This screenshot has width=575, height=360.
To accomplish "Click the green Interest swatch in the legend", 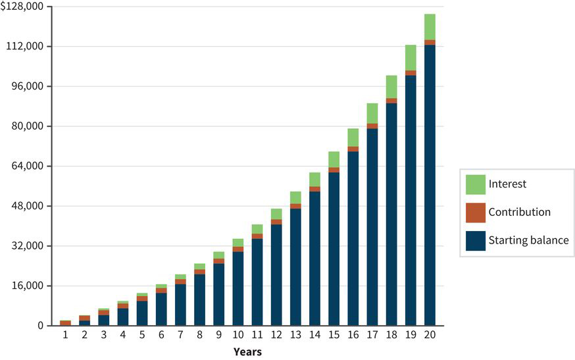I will (475, 184).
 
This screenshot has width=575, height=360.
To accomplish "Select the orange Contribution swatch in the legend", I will (475, 213).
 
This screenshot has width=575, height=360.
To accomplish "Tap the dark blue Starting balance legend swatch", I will (475, 240).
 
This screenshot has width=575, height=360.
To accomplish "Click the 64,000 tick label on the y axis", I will (28, 166).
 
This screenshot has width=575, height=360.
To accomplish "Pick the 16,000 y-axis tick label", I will (28, 286).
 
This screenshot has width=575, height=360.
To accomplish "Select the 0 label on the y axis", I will (41, 326).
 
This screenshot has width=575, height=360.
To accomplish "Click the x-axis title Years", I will (247, 352).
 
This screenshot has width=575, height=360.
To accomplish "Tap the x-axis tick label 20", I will (430, 336).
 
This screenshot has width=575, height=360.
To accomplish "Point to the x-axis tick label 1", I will (65, 336).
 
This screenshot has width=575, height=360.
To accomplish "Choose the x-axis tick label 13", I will (295, 336).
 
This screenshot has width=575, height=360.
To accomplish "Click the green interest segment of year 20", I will (430, 27).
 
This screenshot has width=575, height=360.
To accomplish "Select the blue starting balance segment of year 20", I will (430, 184).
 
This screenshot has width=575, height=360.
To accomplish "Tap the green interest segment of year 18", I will (391, 87).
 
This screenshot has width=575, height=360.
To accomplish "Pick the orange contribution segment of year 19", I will (411, 72).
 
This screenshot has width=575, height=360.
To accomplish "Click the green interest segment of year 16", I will (353, 137).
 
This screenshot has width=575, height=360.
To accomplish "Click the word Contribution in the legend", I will (519, 213).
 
